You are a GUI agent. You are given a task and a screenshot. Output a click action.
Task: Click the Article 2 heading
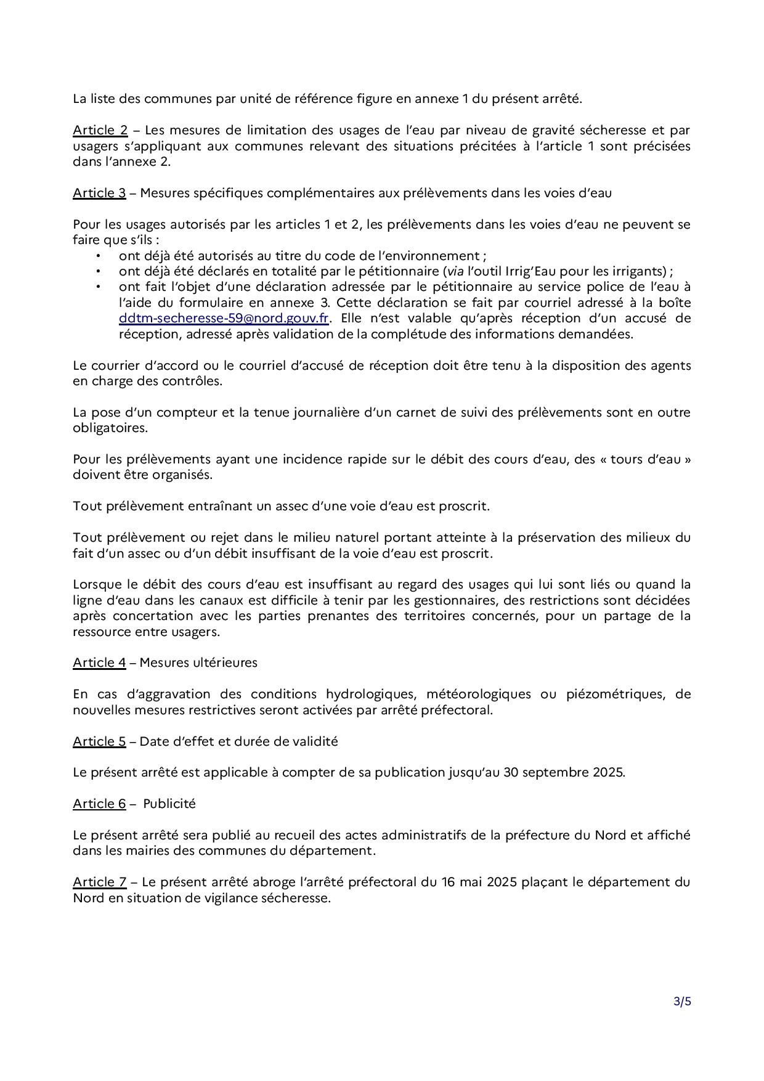point(100,130)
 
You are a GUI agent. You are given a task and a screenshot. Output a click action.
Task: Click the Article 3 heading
point(99,193)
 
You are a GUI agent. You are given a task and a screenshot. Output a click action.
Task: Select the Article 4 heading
point(99,663)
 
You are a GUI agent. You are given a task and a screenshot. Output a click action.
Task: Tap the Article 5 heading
point(99,741)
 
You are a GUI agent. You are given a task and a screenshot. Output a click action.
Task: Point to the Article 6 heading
point(99,804)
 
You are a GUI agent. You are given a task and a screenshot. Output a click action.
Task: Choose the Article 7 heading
point(99,882)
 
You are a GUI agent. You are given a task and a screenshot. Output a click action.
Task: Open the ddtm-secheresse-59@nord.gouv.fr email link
point(224,318)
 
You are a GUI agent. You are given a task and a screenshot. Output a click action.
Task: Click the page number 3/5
point(682,1001)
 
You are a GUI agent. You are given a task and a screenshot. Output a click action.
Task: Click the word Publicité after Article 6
point(169,804)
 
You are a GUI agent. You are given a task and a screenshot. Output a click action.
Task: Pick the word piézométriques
point(614,694)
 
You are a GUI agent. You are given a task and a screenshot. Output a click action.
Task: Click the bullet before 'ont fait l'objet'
point(97,287)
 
